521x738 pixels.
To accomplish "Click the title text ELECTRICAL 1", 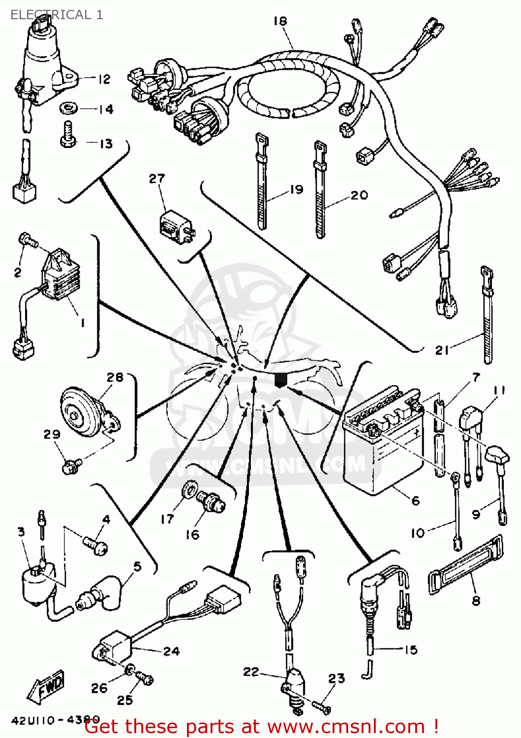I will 57,15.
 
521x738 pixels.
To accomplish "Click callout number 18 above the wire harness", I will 280,21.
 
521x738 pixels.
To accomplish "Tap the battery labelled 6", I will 381,443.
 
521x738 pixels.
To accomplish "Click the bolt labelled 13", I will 68,134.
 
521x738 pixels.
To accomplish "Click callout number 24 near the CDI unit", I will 171,651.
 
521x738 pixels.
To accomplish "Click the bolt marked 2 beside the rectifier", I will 28,241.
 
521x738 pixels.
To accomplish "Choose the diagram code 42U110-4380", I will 56,720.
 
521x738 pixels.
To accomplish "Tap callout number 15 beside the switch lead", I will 410,650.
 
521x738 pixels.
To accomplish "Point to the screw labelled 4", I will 95,545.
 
